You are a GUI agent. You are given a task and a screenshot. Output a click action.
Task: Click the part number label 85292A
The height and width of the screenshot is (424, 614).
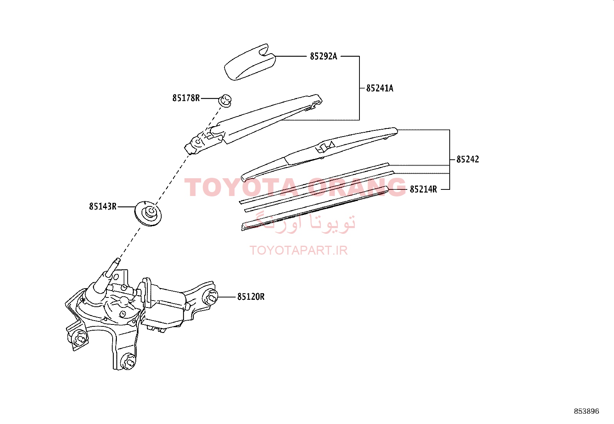(x=324, y=56)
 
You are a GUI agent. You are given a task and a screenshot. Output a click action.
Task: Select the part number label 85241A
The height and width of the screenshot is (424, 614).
(x=380, y=88)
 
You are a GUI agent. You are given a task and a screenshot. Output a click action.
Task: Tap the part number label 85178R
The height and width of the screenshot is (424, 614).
(x=186, y=98)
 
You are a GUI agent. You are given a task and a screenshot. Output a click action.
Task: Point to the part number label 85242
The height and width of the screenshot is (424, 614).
(x=467, y=159)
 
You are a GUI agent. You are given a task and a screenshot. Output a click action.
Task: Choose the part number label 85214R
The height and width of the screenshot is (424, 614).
(x=423, y=189)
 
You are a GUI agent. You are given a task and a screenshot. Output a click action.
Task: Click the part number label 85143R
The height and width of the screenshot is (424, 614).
(x=103, y=206)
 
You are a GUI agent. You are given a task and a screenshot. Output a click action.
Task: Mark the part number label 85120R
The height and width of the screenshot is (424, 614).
(x=251, y=297)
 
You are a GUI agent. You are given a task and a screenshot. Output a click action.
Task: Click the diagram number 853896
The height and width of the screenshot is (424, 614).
(x=587, y=411)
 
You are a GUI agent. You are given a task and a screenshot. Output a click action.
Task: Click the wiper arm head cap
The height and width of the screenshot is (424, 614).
(x=250, y=62)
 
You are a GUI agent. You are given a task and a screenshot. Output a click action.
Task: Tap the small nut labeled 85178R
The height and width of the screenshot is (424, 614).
(x=225, y=101)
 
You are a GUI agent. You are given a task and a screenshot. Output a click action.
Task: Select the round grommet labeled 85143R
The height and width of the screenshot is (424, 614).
(x=148, y=214)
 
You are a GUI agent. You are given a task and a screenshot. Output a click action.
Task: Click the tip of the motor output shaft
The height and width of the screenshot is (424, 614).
(x=118, y=260)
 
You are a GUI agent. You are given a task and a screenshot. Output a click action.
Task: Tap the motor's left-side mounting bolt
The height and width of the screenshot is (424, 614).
(x=79, y=339)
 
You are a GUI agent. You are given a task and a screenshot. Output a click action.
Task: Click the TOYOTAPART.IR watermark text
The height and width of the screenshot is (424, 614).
(x=299, y=250)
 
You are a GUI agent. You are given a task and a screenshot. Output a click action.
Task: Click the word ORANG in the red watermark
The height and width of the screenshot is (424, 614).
(x=357, y=187)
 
